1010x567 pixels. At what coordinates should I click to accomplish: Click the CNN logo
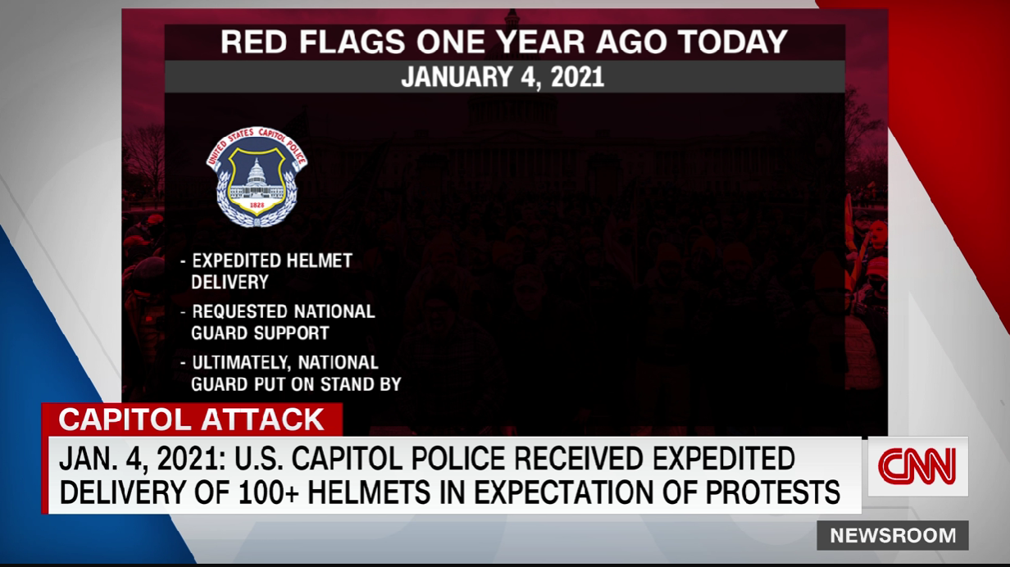(x=917, y=466)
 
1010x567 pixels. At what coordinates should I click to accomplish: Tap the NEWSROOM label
(x=893, y=535)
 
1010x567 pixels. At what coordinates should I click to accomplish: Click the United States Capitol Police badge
(x=257, y=176)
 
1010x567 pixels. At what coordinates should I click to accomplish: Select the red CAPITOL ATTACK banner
(x=192, y=420)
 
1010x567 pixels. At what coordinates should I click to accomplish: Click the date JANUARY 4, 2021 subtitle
(x=503, y=77)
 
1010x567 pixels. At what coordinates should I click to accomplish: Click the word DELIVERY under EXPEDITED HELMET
(x=230, y=282)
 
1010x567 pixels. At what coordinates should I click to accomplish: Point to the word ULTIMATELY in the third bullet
(x=242, y=363)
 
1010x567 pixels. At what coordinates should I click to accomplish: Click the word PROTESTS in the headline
(x=773, y=492)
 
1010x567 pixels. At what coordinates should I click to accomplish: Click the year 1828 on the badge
(x=257, y=206)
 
